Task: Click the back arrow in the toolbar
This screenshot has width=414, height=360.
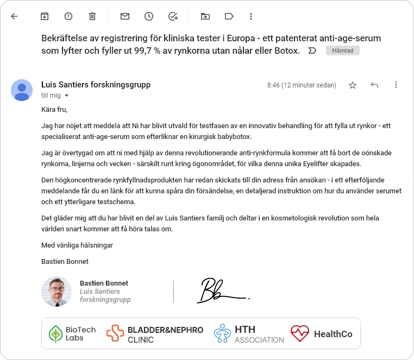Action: tap(14, 16)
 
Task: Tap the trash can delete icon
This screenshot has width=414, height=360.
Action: tap(92, 16)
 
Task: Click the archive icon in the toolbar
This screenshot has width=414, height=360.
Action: tap(45, 16)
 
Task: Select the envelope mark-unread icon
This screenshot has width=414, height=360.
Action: tap(125, 16)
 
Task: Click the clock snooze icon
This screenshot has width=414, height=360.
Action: tap(149, 16)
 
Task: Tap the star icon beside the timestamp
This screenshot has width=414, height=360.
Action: tap(353, 85)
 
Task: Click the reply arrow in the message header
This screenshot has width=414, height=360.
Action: tap(374, 85)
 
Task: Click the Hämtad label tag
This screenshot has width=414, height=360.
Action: tap(342, 50)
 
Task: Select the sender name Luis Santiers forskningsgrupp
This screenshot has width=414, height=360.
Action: tap(96, 85)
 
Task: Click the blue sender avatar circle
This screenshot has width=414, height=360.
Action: tap(22, 90)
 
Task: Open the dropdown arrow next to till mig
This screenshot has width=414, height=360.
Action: tap(67, 96)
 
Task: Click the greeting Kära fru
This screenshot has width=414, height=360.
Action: tap(54, 109)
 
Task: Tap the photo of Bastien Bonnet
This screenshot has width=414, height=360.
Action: tap(57, 292)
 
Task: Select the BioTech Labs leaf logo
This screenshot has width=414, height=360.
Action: tap(56, 334)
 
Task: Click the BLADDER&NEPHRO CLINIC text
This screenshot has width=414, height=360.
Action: tap(165, 334)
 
